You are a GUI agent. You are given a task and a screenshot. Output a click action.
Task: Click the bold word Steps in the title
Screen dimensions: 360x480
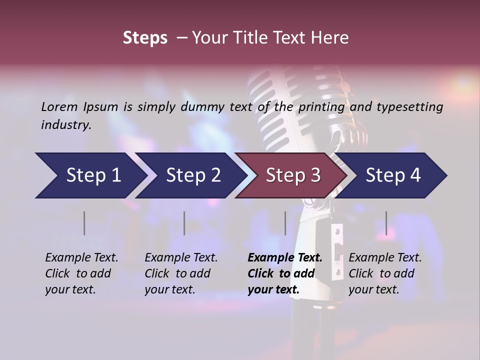coord(145,38)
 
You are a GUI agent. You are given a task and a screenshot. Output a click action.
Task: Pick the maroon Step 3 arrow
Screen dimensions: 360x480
coord(293,175)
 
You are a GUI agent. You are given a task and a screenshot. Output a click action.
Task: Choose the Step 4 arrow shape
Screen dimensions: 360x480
coord(393,175)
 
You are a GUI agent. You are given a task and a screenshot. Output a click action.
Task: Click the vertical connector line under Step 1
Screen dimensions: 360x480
coord(84,223)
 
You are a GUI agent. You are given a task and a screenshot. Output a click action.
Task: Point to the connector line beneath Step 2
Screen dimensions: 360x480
coord(184,223)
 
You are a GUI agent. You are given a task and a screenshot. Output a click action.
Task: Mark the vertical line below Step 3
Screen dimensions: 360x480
coord(285,223)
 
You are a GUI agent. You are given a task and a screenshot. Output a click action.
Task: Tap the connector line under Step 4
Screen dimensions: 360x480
coord(386,223)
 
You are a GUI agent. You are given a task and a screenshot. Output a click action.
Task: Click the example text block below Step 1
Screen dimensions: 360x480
coord(81,273)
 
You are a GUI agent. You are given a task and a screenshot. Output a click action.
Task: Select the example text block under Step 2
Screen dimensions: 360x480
coord(181,273)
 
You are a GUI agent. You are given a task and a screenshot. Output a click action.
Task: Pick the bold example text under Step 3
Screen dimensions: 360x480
coord(284,273)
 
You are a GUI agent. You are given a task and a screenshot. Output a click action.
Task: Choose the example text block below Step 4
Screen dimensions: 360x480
coord(385,273)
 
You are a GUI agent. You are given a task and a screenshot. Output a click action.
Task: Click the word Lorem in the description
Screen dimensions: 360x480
coord(59,106)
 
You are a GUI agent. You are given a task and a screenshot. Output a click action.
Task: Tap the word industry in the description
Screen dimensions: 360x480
coord(66,125)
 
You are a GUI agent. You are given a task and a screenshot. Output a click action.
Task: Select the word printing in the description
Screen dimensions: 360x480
coord(321,107)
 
